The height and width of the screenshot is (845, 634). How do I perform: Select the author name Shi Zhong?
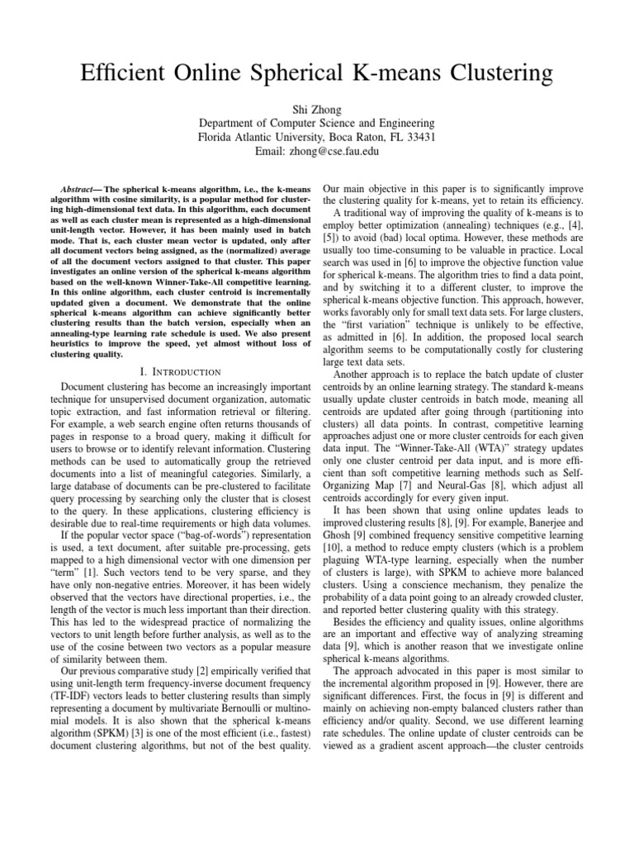[x=316, y=109]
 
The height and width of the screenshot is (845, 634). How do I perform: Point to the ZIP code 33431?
[x=420, y=137]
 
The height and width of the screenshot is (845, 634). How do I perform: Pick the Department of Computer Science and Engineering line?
[x=316, y=123]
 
